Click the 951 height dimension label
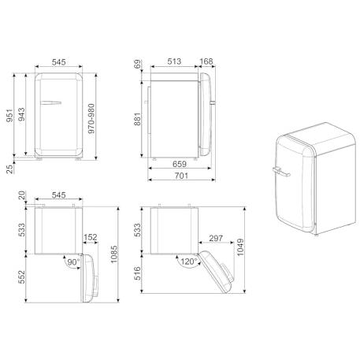coord(9,116)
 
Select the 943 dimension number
coord(21,114)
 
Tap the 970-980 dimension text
coord(91,118)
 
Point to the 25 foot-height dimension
coord(9,169)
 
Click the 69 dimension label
coord(137,65)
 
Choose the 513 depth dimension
coord(174,61)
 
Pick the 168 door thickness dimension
coord(206,61)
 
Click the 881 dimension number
coord(137,119)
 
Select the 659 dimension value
coord(180,164)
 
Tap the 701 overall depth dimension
coord(181,176)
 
